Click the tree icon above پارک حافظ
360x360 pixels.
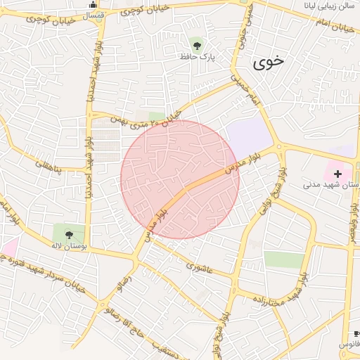point(195,44)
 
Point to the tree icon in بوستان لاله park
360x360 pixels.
point(68,233)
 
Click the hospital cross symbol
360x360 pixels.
point(338,173)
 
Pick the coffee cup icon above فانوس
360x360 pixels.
point(356,333)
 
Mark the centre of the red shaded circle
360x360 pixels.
point(180,179)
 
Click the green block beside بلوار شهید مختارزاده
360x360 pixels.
point(284,259)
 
